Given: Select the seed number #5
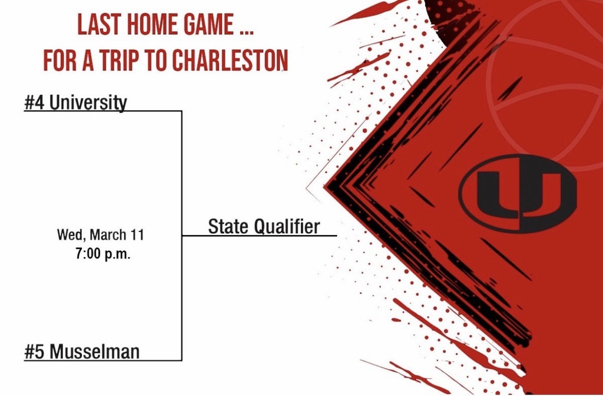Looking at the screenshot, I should click(x=34, y=352).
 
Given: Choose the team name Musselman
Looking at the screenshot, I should click(x=94, y=352).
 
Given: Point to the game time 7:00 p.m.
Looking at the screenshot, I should click(x=100, y=256).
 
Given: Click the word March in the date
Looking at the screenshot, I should click(x=110, y=235).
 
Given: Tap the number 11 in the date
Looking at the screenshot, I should click(x=137, y=235).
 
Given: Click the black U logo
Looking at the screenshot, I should click(x=517, y=193).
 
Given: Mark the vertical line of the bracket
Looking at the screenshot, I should click(x=181, y=177).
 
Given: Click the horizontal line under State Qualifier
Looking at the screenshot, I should click(x=259, y=236).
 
